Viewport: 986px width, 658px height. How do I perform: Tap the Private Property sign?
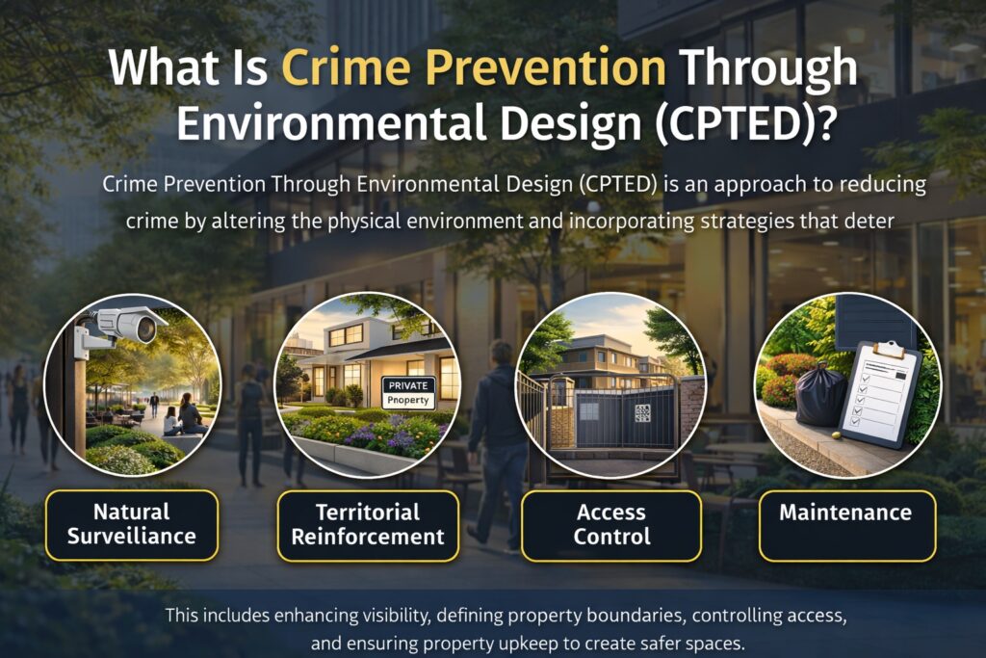(408, 391)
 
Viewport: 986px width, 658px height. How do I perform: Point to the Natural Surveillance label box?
(131, 524)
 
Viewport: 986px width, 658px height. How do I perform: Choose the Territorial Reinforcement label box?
(368, 524)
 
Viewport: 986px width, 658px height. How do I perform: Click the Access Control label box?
(611, 524)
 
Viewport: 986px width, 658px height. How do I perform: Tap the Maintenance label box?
(846, 513)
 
